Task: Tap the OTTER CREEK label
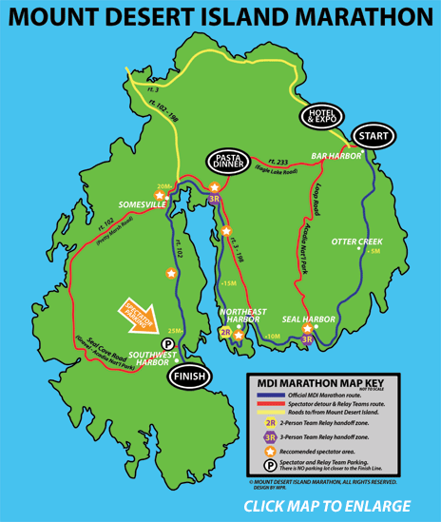[x=356, y=242]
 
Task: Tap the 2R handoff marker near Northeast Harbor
[x=226, y=334]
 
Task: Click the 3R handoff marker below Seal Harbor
[x=307, y=338]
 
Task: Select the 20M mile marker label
[x=162, y=186]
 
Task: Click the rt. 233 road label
[x=278, y=160]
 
